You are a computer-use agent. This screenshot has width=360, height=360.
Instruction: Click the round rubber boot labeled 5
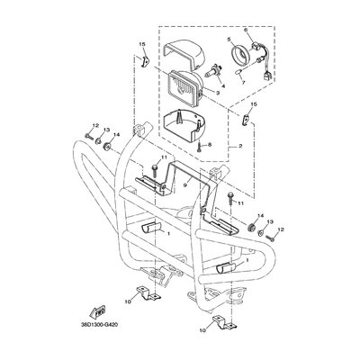(239, 54)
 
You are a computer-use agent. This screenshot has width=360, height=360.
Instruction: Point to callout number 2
(240, 148)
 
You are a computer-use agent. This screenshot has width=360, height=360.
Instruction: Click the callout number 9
(185, 185)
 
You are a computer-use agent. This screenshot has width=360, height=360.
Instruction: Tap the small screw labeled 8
(199, 147)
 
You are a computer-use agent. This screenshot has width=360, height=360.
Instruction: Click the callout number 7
(244, 83)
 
